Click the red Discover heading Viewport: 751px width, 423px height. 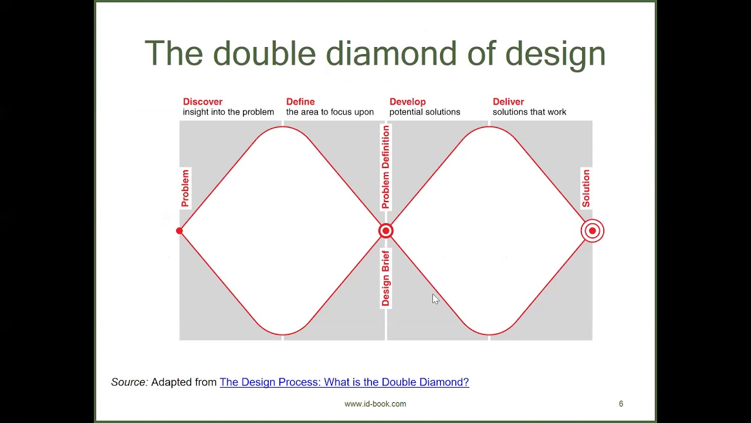(x=202, y=102)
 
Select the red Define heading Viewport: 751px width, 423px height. (x=300, y=102)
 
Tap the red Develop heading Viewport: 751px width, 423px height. (x=407, y=102)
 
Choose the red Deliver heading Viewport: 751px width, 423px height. (x=508, y=102)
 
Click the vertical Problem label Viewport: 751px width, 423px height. (x=185, y=188)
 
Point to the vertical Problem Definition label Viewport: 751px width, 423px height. (x=385, y=167)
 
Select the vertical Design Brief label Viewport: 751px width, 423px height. (x=385, y=278)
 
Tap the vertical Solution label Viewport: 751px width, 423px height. (x=586, y=188)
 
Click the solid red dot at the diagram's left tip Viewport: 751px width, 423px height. (x=180, y=231)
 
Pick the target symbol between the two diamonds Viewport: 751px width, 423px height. (x=385, y=231)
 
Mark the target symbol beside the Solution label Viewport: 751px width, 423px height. (x=592, y=231)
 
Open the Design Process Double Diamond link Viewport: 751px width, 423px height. (x=344, y=382)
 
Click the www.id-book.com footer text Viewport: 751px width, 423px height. (x=375, y=404)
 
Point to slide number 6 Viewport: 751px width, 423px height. (x=621, y=404)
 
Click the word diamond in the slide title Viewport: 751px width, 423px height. (x=391, y=53)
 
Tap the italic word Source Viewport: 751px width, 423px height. (x=129, y=382)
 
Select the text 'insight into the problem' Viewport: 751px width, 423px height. (x=228, y=112)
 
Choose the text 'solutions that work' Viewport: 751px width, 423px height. (x=529, y=112)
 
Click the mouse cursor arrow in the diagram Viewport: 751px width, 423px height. (x=435, y=299)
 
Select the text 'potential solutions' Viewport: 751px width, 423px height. (x=425, y=112)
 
